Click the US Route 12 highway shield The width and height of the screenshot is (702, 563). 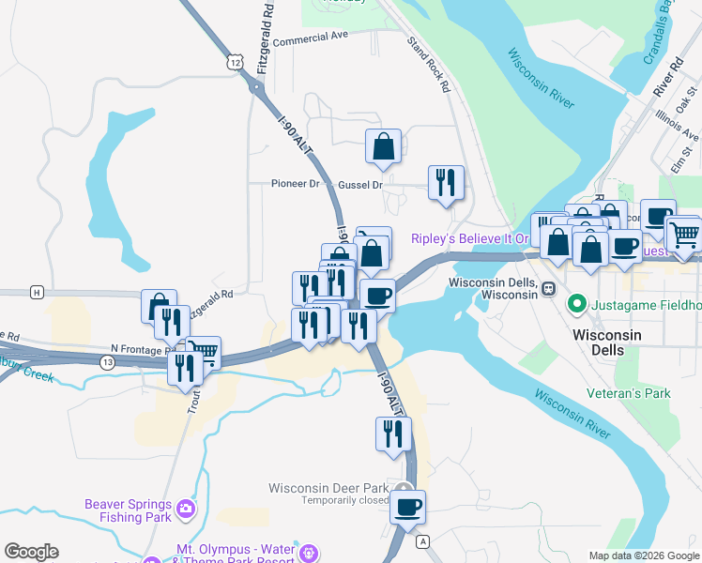pos(233,61)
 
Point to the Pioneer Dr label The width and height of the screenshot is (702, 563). pos(296,184)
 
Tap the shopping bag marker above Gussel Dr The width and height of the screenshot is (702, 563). pos(383,146)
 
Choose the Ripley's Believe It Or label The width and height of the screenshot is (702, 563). pos(471,238)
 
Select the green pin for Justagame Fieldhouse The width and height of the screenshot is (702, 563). pos(578,305)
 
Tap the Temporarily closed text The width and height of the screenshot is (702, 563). pos(344,500)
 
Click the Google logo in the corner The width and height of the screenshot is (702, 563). pos(31,552)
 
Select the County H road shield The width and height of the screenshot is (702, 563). pos(37,292)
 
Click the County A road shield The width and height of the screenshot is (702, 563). pos(423,541)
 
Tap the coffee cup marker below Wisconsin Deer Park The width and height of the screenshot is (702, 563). pos(407,508)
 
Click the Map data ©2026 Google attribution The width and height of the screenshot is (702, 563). pos(644,555)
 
